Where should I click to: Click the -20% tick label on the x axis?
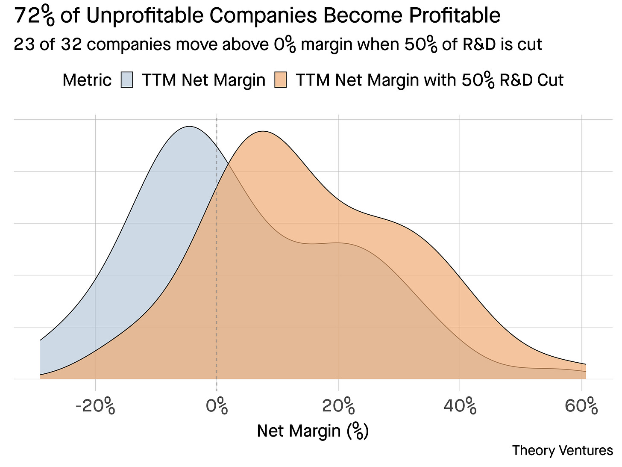coord(95,406)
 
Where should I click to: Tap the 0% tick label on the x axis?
coord(217,406)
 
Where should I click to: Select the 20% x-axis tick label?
coord(338,406)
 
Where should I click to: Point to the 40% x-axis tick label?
coord(460,406)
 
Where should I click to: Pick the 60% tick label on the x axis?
coord(581,406)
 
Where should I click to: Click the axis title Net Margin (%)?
coord(313,431)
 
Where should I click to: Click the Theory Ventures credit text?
coord(562,450)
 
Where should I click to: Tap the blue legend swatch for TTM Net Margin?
coord(127,80)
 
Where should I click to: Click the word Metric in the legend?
coord(87,80)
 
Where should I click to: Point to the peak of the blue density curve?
coord(188,127)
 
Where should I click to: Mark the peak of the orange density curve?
coord(263,131)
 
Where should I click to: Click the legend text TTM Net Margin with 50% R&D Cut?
coord(429,80)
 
